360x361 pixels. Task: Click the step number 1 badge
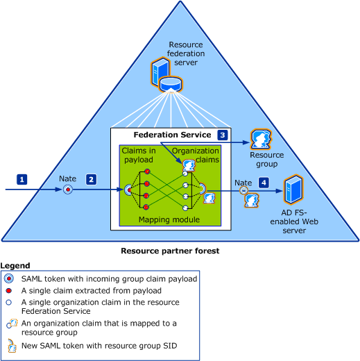coord(22,180)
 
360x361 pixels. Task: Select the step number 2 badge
coord(91,180)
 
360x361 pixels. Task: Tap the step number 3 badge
coord(223,135)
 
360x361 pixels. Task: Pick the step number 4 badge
coord(264,183)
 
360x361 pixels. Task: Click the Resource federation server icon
coord(166,75)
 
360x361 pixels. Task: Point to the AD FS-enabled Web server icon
coord(293,190)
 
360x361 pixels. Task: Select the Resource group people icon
coord(261,140)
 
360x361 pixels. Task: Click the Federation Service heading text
coord(172,135)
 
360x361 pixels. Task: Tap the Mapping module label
coord(169,219)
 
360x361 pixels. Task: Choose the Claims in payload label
coord(139,155)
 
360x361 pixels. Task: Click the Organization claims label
coord(196,155)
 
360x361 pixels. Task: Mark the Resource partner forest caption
coord(170,251)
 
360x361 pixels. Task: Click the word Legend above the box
coord(15,265)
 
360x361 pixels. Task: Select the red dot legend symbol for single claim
coord(9,290)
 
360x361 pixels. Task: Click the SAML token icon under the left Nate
coord(68,190)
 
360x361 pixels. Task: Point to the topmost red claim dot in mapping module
coord(147,171)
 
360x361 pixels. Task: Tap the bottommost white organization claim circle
coord(185,208)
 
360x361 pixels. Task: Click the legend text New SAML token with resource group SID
coord(99,346)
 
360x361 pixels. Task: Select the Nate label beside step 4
coord(243,183)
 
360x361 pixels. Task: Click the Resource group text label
coord(266,159)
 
